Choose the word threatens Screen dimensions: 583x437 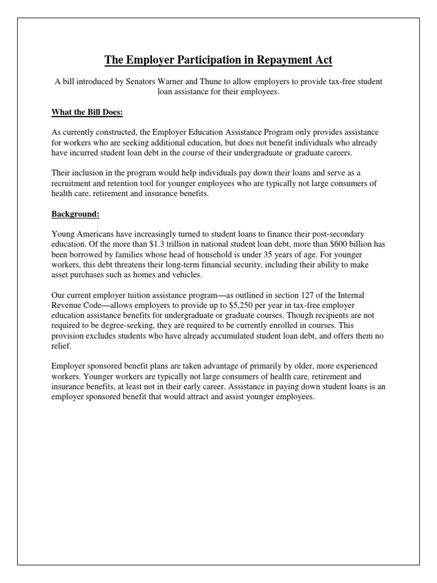[139, 265]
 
